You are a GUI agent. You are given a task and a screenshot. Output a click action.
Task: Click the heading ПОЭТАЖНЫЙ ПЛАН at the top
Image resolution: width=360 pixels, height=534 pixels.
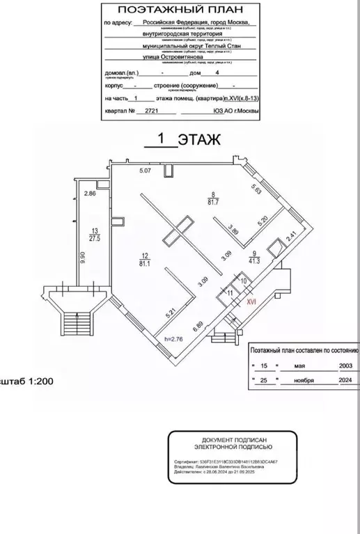coord(180,10)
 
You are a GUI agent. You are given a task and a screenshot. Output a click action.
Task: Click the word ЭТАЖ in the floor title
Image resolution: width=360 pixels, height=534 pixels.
coord(198,139)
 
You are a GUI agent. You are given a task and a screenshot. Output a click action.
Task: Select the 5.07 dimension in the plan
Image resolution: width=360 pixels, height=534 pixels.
coord(145,171)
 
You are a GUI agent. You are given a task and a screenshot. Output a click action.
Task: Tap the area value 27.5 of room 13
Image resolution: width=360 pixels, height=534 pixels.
coord(95,238)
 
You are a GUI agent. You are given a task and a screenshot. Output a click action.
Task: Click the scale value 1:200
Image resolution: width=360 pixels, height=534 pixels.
coord(31,382)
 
